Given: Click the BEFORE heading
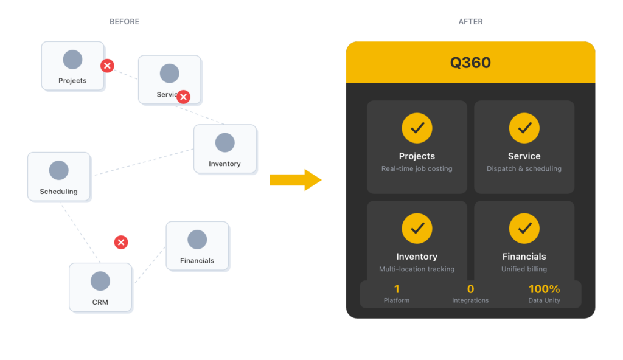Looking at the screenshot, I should coord(124,22).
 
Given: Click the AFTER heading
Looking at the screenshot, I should coord(470,22).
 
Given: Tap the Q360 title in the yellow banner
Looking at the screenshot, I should coord(470,63).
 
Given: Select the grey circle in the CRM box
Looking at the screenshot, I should coord(100,281).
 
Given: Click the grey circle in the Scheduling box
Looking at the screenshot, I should coord(59,170).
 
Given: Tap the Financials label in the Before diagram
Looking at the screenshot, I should coord(197,261).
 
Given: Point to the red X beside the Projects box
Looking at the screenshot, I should coord(107,66).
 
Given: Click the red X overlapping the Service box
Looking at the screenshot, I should coord(183,97).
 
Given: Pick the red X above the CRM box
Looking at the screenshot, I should coord(121,243).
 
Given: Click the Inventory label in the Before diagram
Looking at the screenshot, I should coord(224,164).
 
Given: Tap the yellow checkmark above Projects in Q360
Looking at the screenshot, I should coord(417,128).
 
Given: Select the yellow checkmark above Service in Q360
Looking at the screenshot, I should coord(524,128).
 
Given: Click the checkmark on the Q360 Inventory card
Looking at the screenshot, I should coord(417,229).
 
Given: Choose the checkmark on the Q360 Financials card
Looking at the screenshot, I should coord(524,229).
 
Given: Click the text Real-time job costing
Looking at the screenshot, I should coord(417,169).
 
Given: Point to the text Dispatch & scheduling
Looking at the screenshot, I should coord(524,169).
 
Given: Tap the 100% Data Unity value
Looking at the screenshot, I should coord(544,289).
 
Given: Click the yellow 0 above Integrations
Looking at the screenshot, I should coord(470,289).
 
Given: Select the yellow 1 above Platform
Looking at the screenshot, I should coord(397,289).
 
